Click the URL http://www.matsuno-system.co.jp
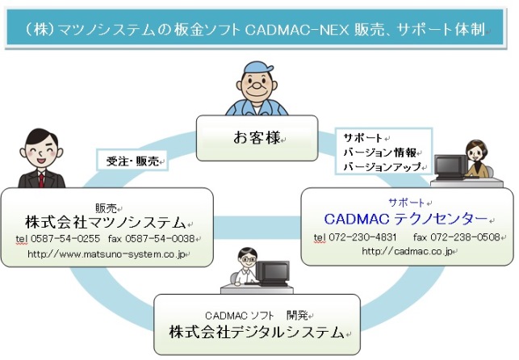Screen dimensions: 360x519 coord(108,254)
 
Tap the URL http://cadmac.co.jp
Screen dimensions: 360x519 coord(407,251)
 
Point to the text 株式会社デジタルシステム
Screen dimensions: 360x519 coord(257,333)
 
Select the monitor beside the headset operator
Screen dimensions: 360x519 coord(448,165)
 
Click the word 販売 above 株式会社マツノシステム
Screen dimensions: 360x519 coord(106,206)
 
